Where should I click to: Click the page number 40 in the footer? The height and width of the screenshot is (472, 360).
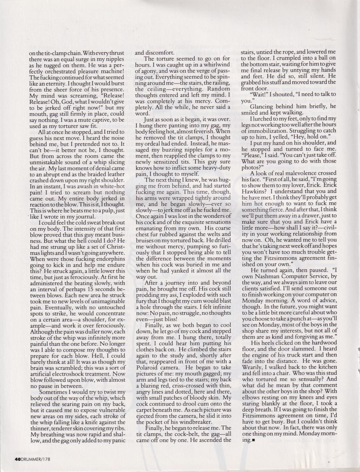tap(18, 459)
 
